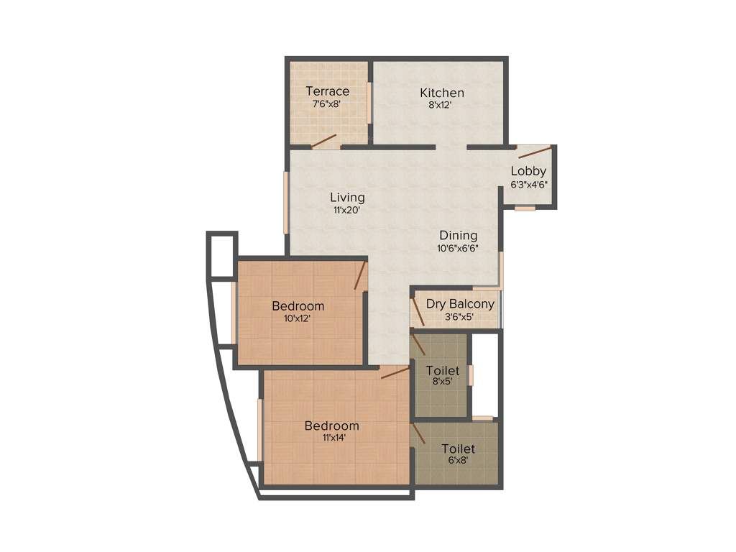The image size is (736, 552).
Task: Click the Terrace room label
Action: point(327,91)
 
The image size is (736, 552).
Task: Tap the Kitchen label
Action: point(442,93)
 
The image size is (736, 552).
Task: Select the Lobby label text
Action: point(528,171)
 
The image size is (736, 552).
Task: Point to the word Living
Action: point(347,197)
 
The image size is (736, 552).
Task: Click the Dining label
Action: point(459,235)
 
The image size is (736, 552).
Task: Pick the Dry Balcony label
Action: point(460,304)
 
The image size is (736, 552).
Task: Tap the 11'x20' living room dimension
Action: point(346,210)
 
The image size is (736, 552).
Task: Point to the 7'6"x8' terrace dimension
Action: point(326,103)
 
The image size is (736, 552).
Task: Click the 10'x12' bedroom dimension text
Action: point(297,318)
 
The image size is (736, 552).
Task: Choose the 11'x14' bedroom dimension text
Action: point(331,438)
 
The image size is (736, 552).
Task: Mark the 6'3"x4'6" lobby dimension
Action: point(529,183)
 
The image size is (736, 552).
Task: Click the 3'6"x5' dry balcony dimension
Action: point(460,316)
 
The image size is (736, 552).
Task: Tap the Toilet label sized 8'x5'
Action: point(442,370)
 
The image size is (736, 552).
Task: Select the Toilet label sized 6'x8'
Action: point(458,449)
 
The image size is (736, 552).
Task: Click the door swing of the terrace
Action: point(323,140)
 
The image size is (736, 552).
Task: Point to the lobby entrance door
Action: point(535,152)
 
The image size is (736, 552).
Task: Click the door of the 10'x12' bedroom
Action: point(361,275)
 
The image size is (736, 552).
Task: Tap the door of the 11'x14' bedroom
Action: point(395,372)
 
